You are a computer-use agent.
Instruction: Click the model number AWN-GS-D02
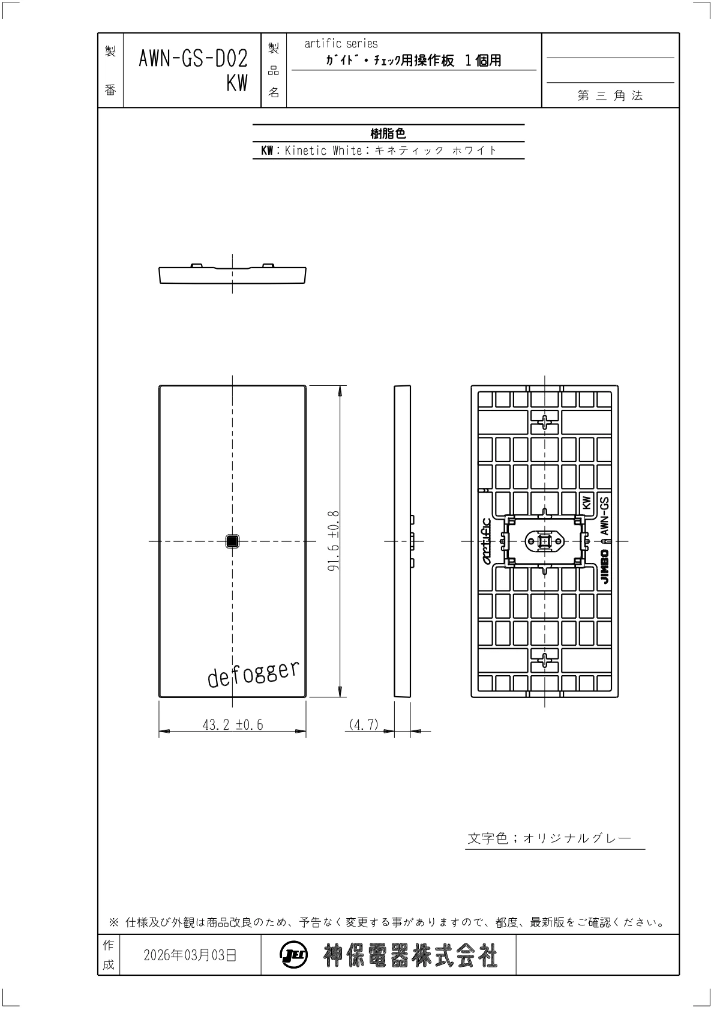click(x=193, y=59)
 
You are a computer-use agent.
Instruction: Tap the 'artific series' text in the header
click(x=341, y=44)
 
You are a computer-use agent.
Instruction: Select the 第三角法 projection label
click(x=610, y=95)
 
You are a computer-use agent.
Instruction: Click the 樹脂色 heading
click(x=388, y=133)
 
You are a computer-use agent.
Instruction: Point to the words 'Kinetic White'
click(x=323, y=151)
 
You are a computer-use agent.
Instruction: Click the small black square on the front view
click(x=232, y=541)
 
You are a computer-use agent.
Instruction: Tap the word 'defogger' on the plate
click(x=253, y=674)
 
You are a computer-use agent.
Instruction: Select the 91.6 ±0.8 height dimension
click(x=334, y=541)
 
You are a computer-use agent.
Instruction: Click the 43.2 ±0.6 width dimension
click(x=233, y=724)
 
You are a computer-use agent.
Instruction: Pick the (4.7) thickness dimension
click(x=364, y=724)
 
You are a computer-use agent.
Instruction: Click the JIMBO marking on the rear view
click(x=605, y=567)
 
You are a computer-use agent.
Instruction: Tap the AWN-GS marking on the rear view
click(x=605, y=516)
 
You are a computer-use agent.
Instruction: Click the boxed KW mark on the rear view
click(x=586, y=503)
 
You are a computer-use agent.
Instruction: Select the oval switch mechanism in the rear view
click(x=545, y=541)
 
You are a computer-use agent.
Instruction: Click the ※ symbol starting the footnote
click(x=113, y=922)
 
